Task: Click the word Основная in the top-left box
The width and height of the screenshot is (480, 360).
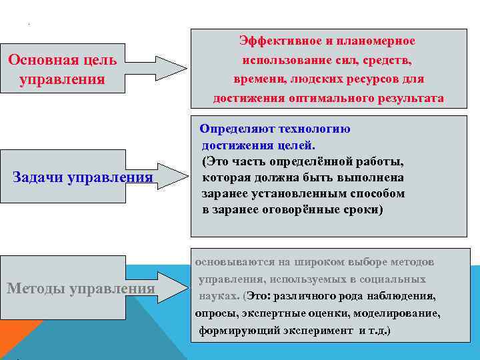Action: [39, 59]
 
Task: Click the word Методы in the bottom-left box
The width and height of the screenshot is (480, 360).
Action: [35, 289]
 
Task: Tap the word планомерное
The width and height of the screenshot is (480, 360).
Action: [377, 41]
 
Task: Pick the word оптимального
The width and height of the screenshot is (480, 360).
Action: [325, 99]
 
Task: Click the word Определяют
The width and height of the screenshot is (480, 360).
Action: [237, 129]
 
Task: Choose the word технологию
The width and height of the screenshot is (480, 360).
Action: [317, 129]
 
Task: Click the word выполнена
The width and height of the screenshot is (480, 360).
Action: [370, 178]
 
